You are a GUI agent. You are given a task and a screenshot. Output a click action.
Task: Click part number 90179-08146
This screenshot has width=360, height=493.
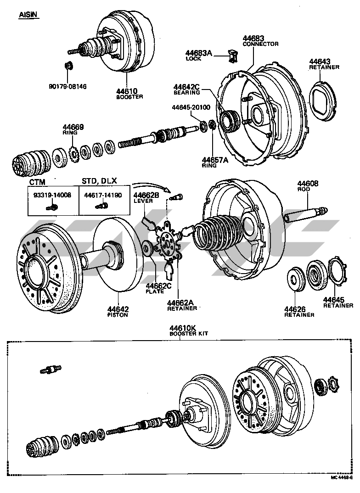(67, 86)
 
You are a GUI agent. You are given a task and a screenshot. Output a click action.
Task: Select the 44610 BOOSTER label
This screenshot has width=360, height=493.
(129, 94)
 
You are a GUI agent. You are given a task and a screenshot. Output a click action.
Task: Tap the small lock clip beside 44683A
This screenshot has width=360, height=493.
(232, 56)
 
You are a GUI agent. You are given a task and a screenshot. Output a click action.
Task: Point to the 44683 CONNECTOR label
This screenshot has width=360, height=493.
(260, 41)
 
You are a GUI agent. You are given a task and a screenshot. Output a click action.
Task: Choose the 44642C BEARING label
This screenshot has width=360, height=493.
(187, 90)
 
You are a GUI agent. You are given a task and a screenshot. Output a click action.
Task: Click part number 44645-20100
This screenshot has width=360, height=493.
(191, 107)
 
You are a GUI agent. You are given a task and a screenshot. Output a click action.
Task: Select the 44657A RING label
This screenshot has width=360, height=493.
(215, 162)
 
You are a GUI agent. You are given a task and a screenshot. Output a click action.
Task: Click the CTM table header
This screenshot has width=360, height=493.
(37, 182)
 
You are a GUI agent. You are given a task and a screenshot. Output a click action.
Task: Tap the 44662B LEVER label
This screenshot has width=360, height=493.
(146, 198)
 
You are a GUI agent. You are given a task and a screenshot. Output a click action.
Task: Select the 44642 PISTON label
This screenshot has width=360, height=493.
(118, 312)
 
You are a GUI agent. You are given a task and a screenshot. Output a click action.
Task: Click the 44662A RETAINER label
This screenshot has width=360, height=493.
(182, 305)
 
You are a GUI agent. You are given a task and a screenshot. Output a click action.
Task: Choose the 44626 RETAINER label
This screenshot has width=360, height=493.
(299, 312)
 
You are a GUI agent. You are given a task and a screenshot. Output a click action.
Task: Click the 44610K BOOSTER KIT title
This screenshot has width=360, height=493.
(189, 331)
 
